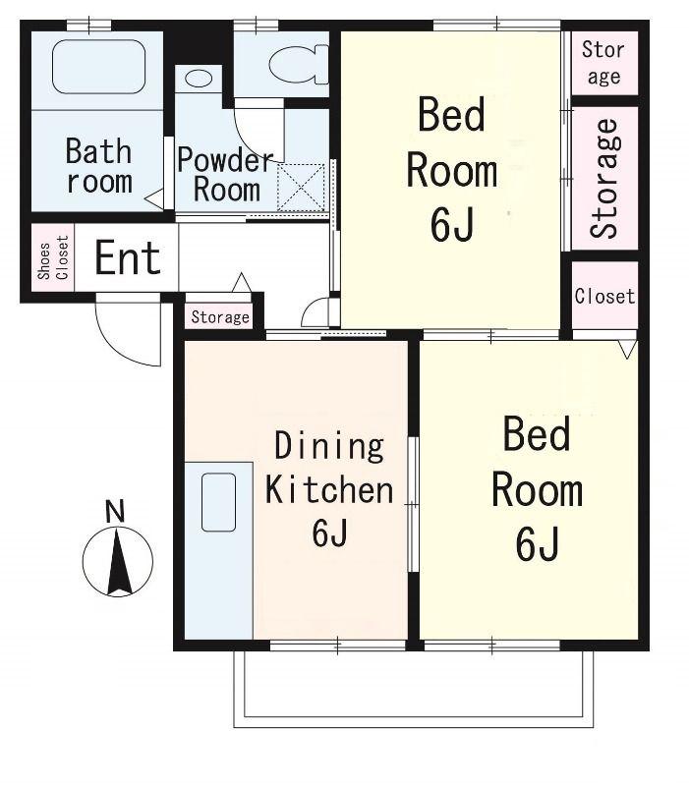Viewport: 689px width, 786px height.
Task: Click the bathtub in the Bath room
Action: coord(99,67)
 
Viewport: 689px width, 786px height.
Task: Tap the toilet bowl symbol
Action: coord(299,63)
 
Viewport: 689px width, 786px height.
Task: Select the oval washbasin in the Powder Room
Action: coord(199,79)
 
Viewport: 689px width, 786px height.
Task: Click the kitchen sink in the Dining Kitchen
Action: coord(218,502)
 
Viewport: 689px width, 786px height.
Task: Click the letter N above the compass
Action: coord(115,511)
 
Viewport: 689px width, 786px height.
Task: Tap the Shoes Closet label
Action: coord(53,257)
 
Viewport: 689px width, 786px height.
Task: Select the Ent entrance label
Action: coord(128,257)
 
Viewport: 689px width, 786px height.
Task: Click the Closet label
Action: coord(604,297)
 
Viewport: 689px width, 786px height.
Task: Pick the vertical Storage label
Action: coord(604,179)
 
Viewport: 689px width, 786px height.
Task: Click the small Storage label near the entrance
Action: coord(220,316)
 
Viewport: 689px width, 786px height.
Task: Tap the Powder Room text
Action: coord(226,174)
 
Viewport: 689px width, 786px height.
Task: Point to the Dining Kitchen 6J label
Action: coord(329,488)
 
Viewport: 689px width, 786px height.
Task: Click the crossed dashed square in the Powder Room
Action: coord(301,188)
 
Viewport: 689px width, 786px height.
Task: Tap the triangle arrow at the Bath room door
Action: coord(155,199)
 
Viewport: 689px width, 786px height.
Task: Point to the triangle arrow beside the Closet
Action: coord(628,349)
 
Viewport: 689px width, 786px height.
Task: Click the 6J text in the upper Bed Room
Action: coord(451,224)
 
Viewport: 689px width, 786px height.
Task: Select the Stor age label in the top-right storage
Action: coord(603,63)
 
